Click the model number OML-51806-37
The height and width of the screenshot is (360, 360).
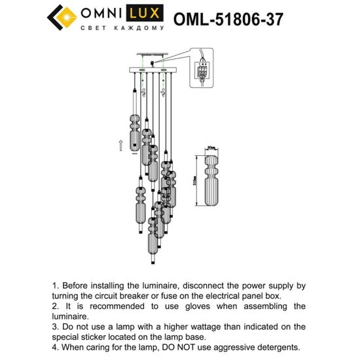click(228, 19)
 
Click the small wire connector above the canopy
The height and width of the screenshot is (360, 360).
click(153, 63)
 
